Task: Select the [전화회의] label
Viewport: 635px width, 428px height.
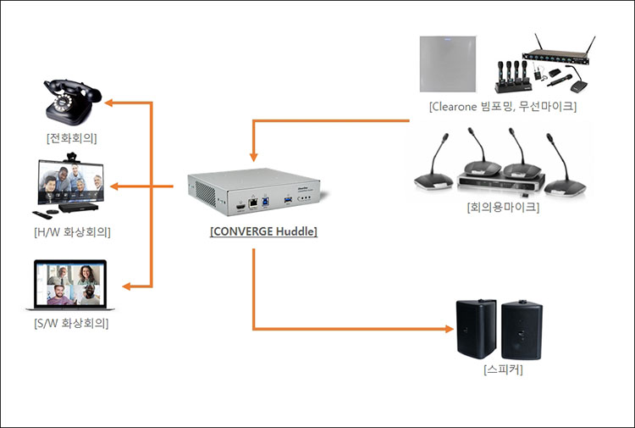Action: tap(71, 138)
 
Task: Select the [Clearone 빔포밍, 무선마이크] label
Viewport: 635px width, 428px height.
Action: tap(502, 107)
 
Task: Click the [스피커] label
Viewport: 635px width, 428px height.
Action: tap(502, 370)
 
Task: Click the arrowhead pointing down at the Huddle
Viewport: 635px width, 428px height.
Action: tap(253, 157)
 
